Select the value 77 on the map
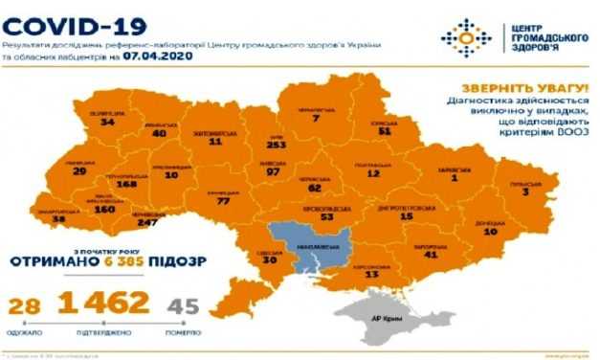pos(225,202)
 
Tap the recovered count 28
pos(23,307)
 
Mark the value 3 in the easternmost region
pos(525,191)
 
